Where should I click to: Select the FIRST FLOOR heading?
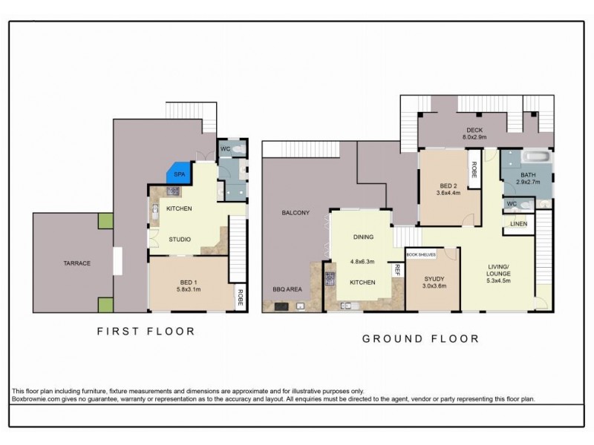146,332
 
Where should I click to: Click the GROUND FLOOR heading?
420,339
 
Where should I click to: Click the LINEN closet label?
518,223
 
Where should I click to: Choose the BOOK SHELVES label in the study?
421,254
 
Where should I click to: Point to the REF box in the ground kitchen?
398,271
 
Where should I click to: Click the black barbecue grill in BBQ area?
282,306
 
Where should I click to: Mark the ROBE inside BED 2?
473,168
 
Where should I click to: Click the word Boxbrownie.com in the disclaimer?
37,398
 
